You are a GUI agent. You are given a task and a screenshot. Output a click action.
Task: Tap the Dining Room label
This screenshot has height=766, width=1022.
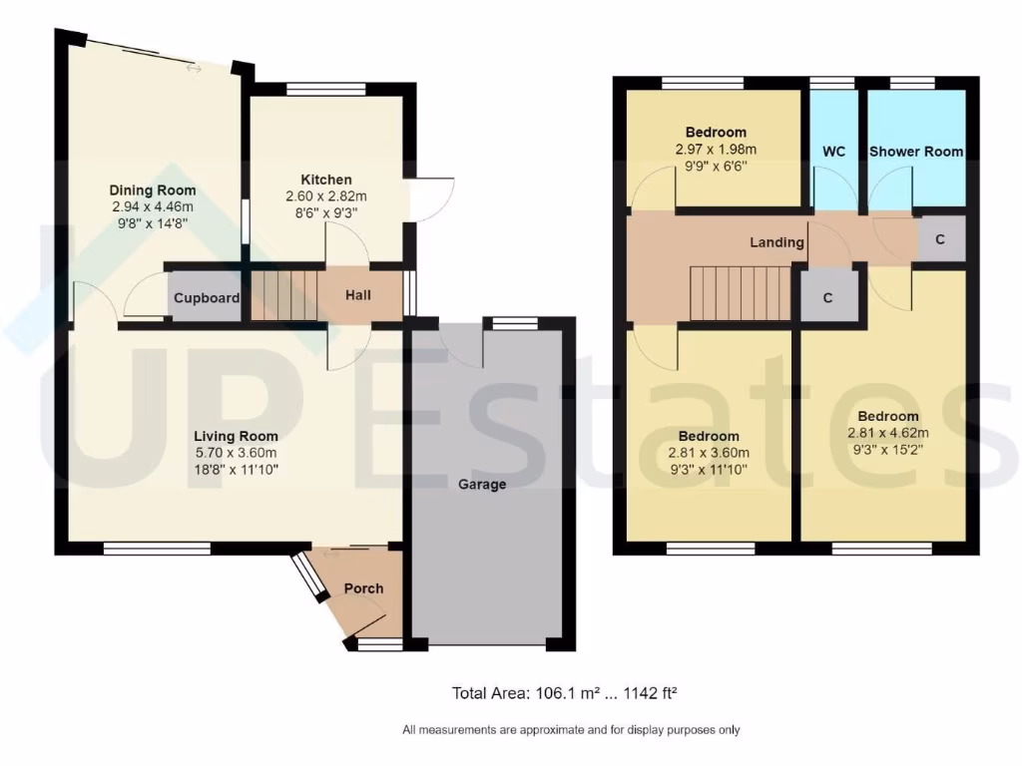153,191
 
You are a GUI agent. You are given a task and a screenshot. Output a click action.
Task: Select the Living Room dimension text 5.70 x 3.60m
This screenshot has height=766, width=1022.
236,452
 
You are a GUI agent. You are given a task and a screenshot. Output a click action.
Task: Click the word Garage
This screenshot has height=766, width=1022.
482,485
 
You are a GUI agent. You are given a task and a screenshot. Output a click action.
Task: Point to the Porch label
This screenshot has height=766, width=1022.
363,588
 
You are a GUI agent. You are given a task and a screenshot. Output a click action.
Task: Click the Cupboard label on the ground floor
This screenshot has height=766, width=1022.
207,298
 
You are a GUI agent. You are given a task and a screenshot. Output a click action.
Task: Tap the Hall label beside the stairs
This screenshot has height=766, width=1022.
358,296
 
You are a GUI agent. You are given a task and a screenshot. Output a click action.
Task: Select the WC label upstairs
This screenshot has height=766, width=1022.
834,152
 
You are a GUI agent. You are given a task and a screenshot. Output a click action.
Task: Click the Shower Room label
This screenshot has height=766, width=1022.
916,152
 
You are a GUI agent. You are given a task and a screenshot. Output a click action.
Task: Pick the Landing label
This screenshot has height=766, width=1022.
776,242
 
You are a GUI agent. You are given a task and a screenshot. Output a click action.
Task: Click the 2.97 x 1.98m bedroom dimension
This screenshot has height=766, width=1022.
716,150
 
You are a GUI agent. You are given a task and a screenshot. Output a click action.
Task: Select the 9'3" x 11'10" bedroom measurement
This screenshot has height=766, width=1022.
709,468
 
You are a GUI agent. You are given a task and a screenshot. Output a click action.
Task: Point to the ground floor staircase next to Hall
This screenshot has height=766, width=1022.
282,296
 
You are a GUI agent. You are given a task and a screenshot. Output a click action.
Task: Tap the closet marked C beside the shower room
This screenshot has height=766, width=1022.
940,240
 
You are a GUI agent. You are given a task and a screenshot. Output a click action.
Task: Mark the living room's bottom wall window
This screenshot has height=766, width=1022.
157,548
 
